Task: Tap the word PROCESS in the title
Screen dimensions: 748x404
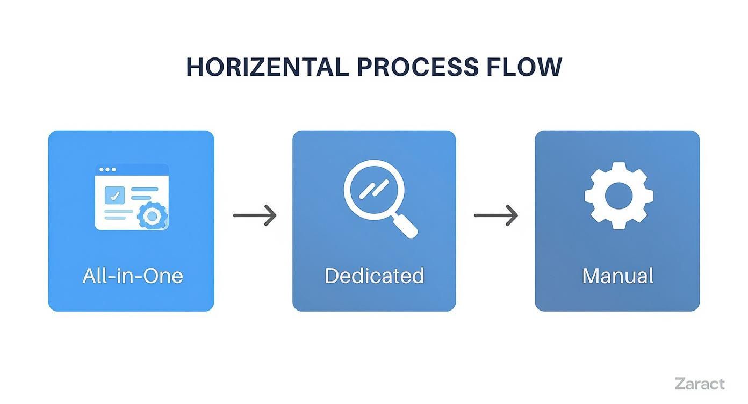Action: [418, 67]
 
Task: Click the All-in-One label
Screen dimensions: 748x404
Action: [133, 276]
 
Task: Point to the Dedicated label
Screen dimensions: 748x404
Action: [375, 276]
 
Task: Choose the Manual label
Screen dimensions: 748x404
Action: [618, 276]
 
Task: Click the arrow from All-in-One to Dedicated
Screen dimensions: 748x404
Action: [255, 215]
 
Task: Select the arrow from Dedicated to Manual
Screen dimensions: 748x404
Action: [496, 215]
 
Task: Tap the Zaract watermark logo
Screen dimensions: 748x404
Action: [700, 384]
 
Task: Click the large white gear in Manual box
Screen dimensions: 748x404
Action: [619, 196]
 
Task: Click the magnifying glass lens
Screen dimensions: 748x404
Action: [374, 190]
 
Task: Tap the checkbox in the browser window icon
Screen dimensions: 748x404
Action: [114, 196]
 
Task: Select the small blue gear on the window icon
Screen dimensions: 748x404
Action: [152, 216]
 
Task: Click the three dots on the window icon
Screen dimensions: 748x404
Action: [107, 170]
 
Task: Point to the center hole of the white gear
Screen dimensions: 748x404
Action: [619, 196]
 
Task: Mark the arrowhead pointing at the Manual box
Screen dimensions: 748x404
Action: [512, 215]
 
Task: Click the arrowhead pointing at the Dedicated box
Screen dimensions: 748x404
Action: [270, 215]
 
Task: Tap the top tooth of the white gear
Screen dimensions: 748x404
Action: [619, 167]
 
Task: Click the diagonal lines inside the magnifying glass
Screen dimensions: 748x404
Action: [374, 189]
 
